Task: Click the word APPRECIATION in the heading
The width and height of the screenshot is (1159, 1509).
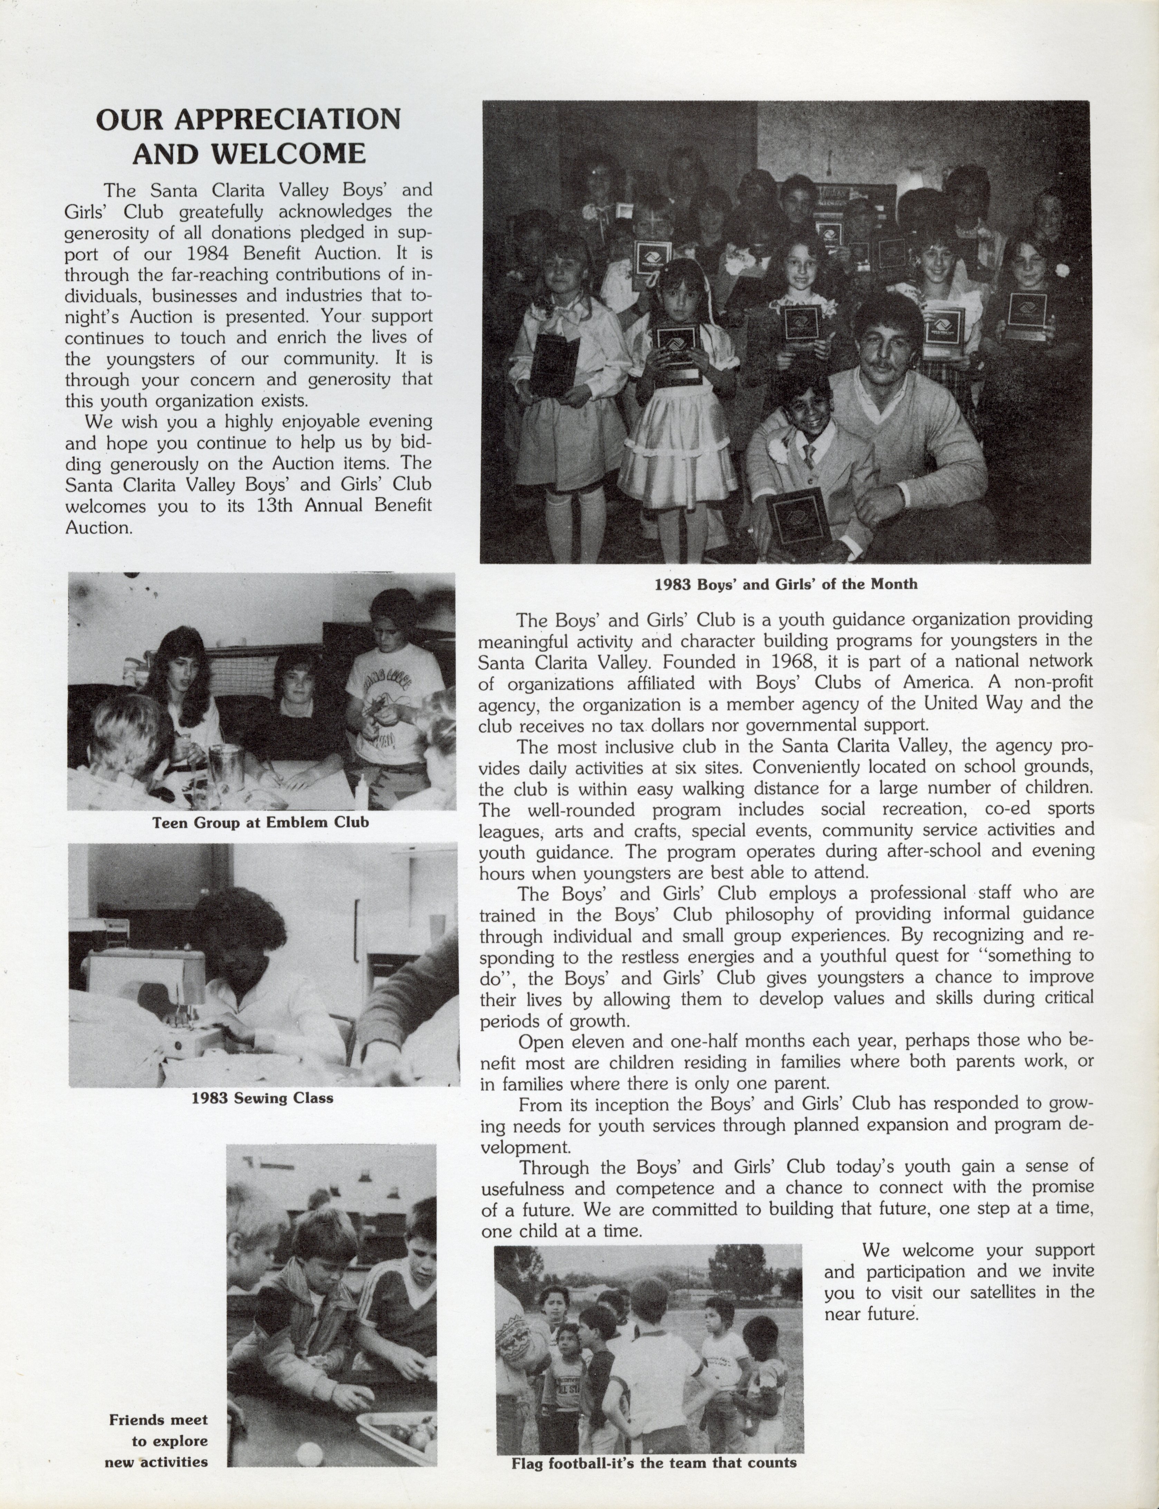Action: [286, 119]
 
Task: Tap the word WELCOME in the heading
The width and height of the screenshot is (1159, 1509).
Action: [288, 153]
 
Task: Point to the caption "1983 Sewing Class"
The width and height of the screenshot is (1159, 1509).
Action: [262, 1098]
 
